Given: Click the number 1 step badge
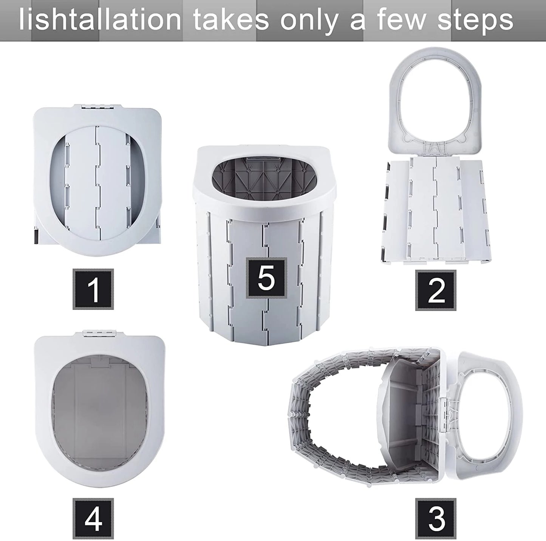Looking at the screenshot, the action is [x=93, y=289].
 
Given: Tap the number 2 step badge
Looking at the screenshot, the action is [x=436, y=290].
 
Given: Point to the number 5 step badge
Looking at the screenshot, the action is [x=266, y=277].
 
